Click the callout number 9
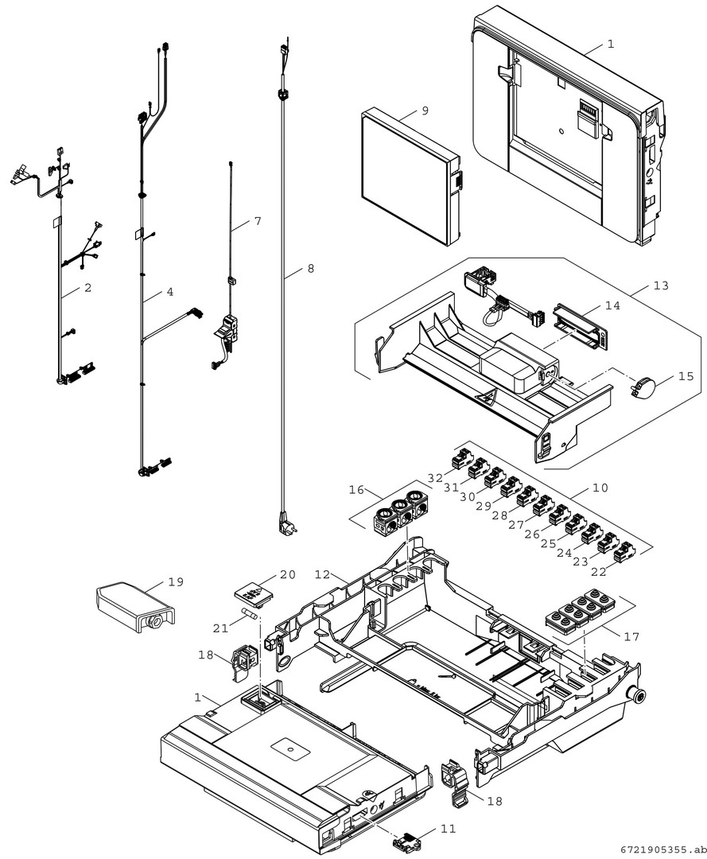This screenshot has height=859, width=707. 425,111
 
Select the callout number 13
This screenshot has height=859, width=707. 661,286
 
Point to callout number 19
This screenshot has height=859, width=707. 175,581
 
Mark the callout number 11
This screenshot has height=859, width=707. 449,828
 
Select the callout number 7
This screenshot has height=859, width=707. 257,221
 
